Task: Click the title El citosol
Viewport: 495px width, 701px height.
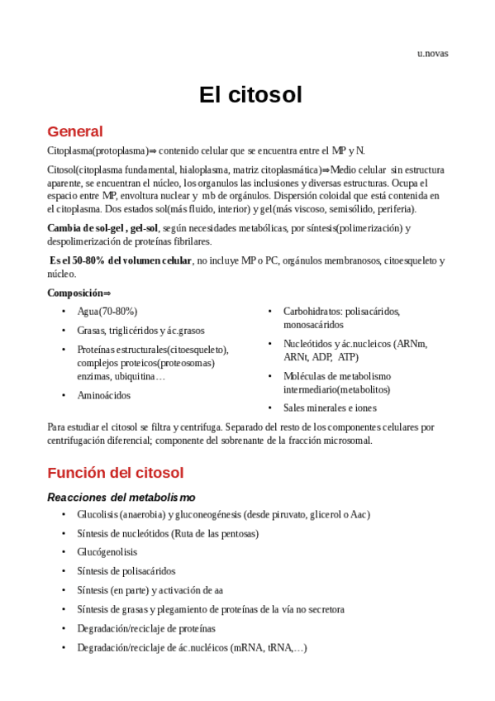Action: coord(250,95)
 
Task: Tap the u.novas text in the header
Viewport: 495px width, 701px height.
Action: coord(432,54)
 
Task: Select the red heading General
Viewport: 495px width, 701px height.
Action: coord(75,131)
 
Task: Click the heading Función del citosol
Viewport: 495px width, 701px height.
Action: coord(115,473)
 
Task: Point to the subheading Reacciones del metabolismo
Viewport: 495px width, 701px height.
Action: coord(121,497)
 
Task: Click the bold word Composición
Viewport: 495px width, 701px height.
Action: coord(75,293)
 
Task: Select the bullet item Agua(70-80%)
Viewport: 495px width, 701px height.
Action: coord(107,312)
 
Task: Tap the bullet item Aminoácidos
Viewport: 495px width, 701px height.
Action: coord(104,395)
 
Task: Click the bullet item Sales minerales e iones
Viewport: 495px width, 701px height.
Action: coord(330,408)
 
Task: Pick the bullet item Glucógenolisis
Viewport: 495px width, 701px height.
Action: coord(107,552)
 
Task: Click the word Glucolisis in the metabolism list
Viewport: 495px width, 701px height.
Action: coord(97,514)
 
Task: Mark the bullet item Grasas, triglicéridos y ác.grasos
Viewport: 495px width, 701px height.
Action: coord(140,331)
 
